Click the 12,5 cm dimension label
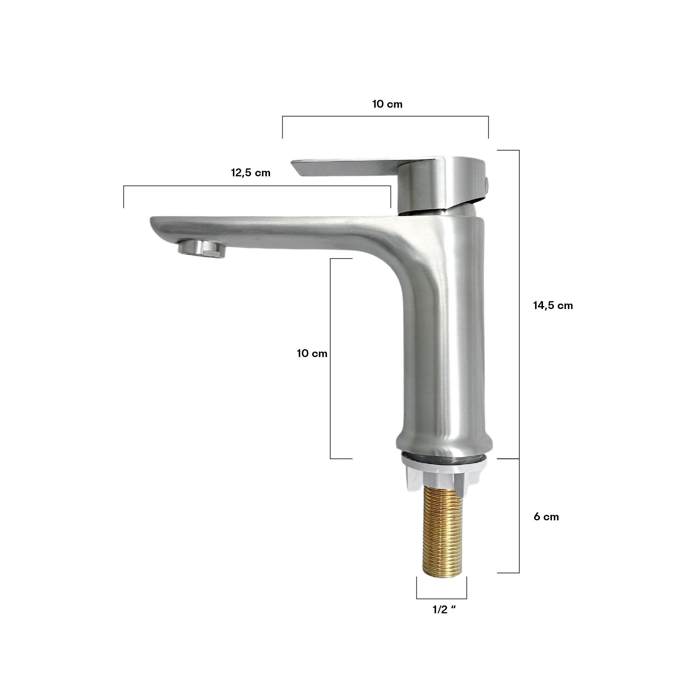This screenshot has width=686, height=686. point(251,173)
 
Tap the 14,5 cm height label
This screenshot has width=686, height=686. point(553,305)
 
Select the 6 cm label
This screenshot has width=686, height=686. point(546,517)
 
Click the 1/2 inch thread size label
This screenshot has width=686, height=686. point(444,610)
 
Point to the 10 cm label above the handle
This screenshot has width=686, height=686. point(387,104)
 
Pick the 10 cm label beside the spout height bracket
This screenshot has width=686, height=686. point(312,353)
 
